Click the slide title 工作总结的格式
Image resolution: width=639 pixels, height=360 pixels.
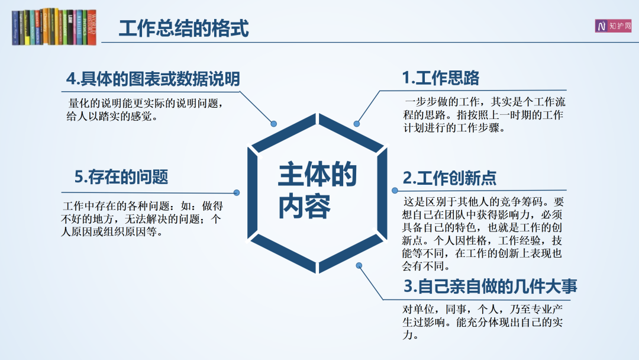[x=183, y=28]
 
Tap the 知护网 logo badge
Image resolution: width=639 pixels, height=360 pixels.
[x=613, y=26]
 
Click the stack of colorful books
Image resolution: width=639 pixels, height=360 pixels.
[x=54, y=27]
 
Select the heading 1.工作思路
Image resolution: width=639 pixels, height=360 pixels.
[x=441, y=78]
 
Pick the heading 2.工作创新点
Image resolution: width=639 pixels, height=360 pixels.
[x=450, y=178]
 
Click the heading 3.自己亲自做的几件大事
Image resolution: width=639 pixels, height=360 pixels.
[x=490, y=286]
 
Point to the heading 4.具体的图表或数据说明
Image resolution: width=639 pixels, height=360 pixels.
[x=153, y=79]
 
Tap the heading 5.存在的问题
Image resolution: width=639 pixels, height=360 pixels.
[x=121, y=177]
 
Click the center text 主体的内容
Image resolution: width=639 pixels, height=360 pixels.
[x=317, y=191]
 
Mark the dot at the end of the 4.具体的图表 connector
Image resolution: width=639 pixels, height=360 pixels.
[x=274, y=124]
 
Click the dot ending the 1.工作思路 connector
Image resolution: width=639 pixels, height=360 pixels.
[x=357, y=124]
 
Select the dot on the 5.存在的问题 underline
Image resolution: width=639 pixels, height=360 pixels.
[x=236, y=192]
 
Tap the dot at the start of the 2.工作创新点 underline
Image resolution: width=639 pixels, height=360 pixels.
[x=395, y=191]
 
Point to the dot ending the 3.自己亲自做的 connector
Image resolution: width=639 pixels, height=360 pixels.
[x=359, y=265]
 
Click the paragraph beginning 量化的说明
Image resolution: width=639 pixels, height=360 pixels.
[x=145, y=110]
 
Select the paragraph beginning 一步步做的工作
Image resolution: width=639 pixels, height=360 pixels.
[x=484, y=114]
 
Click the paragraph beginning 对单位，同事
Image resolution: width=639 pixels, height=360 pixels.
[x=483, y=322]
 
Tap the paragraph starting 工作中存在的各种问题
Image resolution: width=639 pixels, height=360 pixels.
[x=142, y=218]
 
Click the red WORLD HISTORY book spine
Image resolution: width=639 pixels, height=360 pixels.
[x=92, y=27]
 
